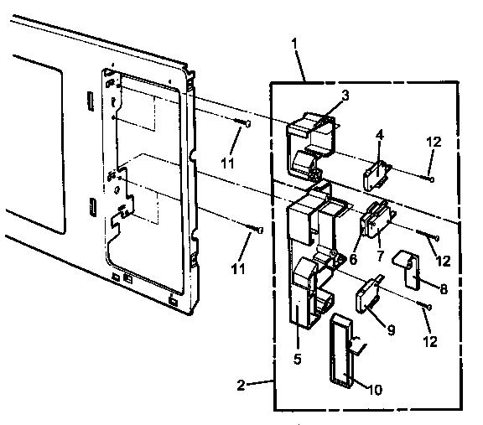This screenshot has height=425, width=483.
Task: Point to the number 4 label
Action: [379, 134]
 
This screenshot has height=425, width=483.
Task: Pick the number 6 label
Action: [353, 260]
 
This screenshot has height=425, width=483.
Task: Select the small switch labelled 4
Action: [373, 174]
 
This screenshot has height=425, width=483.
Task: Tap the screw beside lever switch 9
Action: [425, 307]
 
